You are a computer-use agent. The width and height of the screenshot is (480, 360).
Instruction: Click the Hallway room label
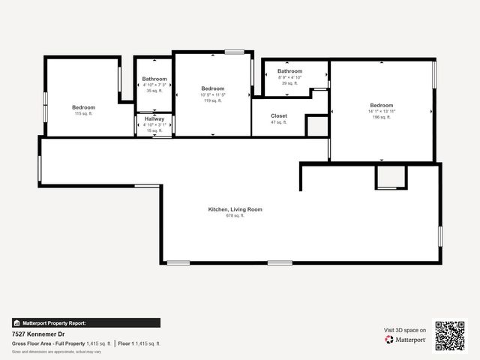pos(154,118)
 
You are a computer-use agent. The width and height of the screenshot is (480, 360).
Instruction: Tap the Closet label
pos(279,116)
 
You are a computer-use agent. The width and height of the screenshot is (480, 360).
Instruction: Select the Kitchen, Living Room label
pos(235,209)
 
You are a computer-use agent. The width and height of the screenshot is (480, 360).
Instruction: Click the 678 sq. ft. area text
pos(235,216)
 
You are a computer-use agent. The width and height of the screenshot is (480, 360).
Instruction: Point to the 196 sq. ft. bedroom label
pos(381,105)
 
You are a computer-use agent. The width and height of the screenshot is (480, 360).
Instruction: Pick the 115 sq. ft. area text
pos(82,114)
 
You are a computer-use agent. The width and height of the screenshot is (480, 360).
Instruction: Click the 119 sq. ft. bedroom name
pos(212,88)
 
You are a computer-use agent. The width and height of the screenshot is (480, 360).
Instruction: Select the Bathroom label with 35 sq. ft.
pos(154,79)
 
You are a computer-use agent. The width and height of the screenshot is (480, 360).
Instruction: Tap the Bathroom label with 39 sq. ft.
pos(289,71)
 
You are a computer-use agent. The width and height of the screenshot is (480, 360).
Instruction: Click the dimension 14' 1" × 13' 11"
pos(381,112)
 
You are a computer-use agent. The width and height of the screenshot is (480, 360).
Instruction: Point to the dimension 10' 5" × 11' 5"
pos(212,95)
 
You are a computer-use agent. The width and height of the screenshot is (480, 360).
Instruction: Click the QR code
pos(450,335)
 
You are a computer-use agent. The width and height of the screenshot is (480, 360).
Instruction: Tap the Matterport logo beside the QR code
pos(406,340)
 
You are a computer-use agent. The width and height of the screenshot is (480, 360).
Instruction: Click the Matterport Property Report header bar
pos(85,322)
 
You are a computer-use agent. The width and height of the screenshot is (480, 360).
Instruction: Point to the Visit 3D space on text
pos(405,330)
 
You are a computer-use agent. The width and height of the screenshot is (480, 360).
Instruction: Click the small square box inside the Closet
pos(316,126)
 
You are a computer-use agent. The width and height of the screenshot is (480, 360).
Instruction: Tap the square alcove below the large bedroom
pos(391,176)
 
